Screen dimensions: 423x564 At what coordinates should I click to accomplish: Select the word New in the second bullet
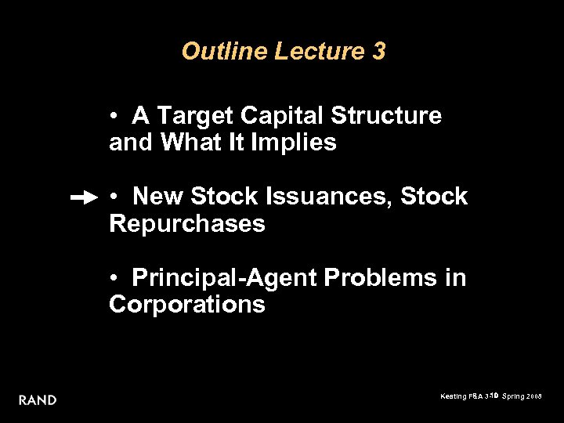158,197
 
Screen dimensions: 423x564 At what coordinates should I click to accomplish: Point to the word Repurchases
187,224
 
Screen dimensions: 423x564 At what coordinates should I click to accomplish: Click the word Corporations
187,304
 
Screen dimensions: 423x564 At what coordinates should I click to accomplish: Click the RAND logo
38,400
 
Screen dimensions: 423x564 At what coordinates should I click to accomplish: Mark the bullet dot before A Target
114,117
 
